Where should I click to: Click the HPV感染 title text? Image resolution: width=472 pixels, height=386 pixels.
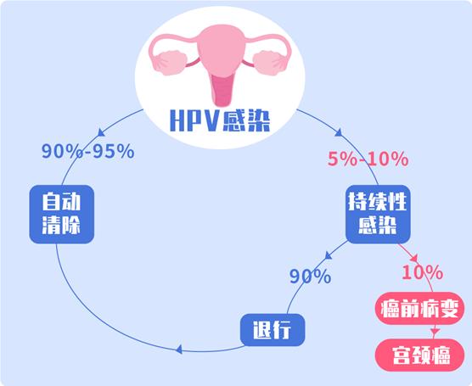pos(220,120)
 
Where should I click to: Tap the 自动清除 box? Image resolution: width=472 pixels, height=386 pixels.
pos(62,215)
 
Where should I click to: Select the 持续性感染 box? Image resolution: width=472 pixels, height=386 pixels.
pos(378,215)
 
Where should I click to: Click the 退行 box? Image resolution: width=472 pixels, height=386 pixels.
pos(273,330)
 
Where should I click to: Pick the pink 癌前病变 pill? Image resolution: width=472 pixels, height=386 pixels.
pos(419,309)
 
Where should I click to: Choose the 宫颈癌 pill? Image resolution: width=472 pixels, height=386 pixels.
pos(419,355)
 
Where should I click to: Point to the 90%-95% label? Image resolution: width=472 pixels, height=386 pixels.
pos(88,151)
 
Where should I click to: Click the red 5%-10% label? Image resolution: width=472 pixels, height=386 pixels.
pos(368,159)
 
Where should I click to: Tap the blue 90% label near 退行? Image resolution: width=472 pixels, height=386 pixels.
pos(311,277)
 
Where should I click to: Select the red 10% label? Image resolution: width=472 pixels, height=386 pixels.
pos(422,272)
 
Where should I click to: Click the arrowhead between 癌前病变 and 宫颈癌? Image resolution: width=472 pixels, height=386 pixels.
pos(435,331)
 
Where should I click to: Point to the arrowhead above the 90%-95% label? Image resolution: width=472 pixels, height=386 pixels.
pos(101,132)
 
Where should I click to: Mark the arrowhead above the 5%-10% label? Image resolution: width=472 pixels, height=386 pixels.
pos(339,132)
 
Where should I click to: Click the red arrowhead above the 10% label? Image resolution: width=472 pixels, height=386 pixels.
pos(415,258)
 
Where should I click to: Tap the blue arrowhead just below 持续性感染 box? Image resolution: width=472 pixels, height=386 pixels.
pos(329,255)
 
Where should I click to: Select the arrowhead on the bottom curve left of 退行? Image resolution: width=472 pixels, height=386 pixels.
pos(179,350)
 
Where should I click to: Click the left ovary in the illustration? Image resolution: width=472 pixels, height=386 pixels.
pos(170,63)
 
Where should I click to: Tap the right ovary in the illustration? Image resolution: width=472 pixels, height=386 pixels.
pos(270,63)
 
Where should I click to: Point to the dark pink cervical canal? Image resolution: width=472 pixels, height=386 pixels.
pos(222,90)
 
